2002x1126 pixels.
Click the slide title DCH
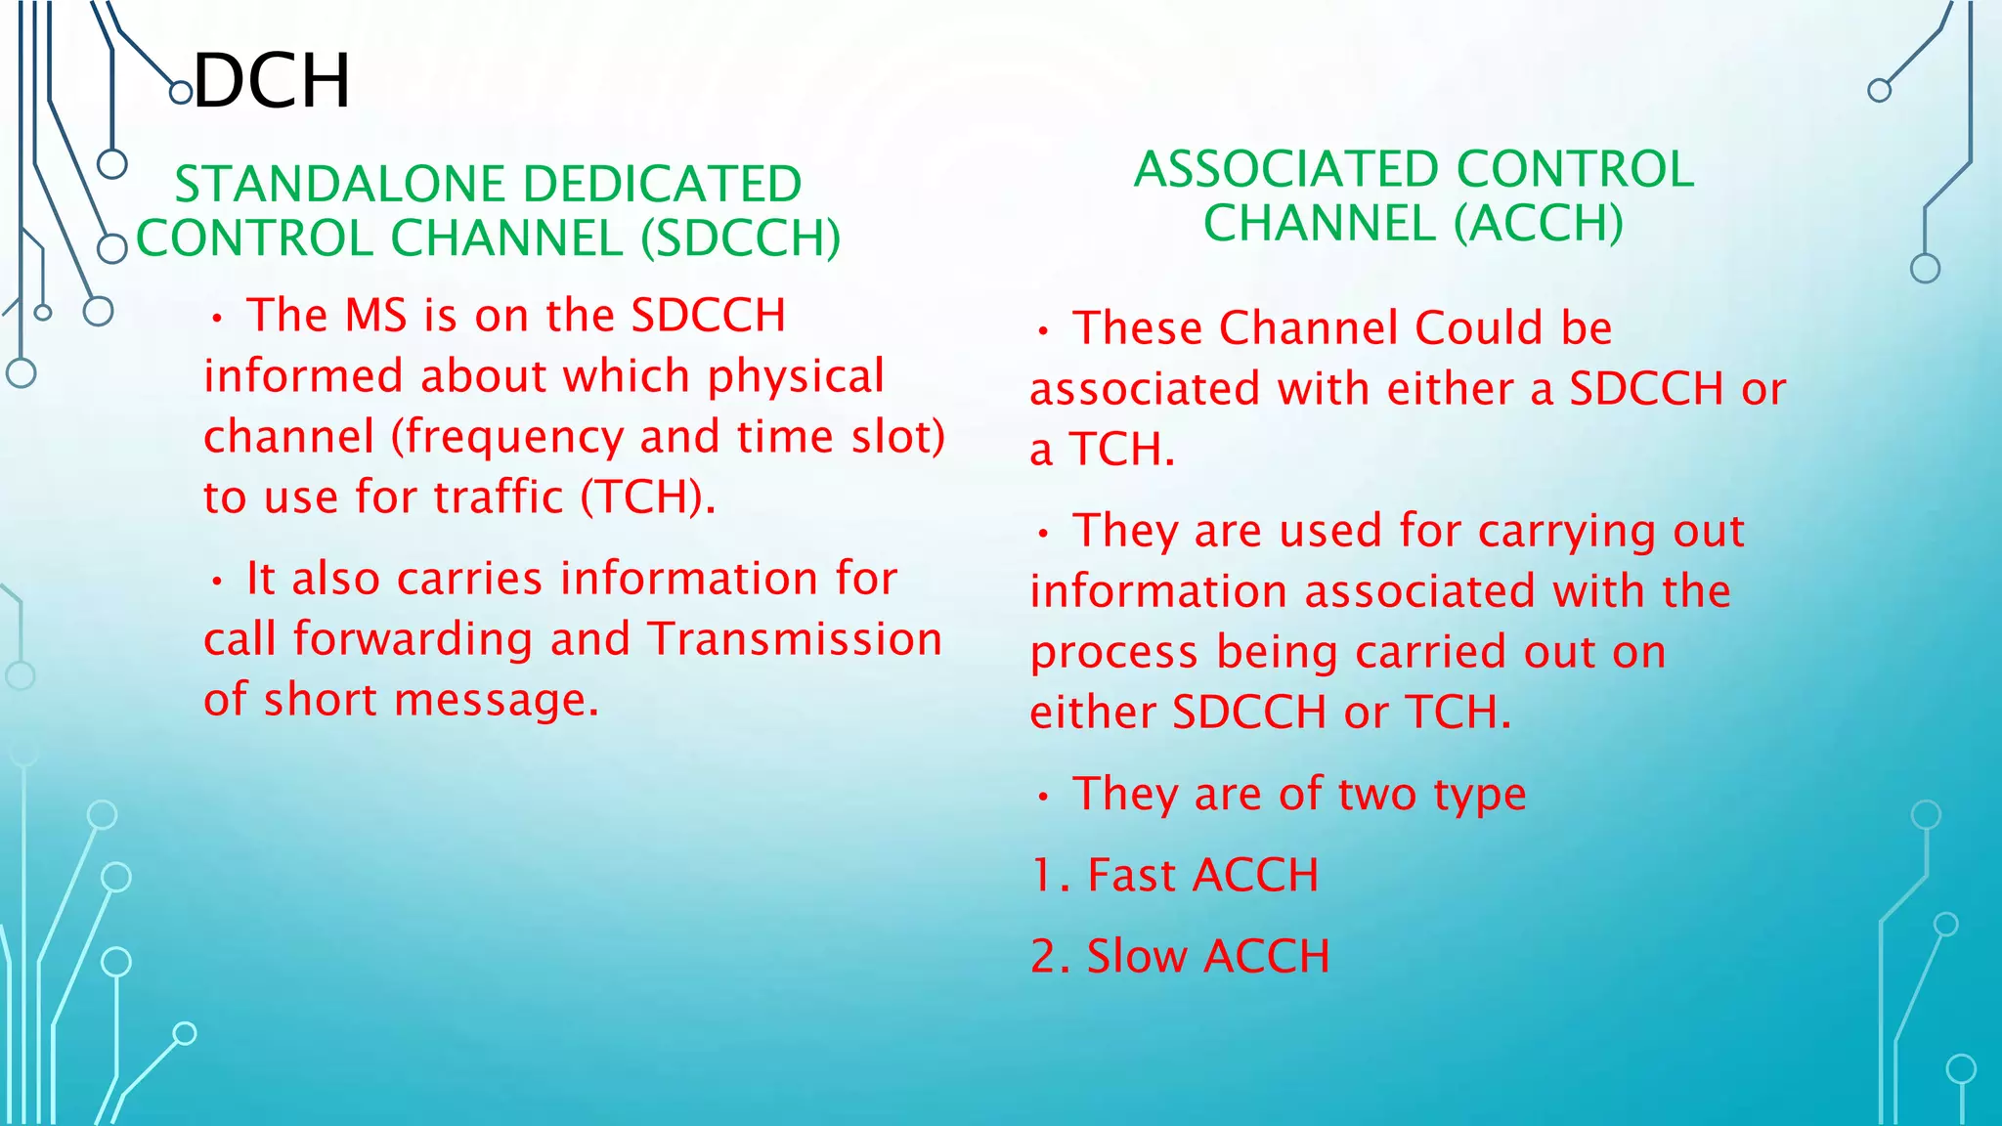pyautogui.click(x=272, y=81)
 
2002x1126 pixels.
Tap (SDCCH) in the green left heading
pyautogui.click(x=741, y=238)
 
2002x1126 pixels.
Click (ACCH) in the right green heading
pyautogui.click(x=1538, y=224)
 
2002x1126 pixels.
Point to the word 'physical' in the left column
pyautogui.click(x=796, y=377)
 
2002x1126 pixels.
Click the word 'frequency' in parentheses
pyautogui.click(x=514, y=438)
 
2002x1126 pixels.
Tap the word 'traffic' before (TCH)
pyautogui.click(x=499, y=498)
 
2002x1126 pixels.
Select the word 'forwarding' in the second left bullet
pyautogui.click(x=413, y=639)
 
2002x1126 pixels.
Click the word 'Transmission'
pyautogui.click(x=795, y=639)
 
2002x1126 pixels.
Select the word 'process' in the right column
pyautogui.click(x=1113, y=653)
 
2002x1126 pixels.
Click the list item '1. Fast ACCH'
pyautogui.click(x=1174, y=875)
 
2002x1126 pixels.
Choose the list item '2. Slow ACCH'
pyautogui.click(x=1180, y=956)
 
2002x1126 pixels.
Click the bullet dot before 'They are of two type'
pyautogui.click(x=1044, y=797)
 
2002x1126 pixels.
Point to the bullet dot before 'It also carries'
pyautogui.click(x=218, y=582)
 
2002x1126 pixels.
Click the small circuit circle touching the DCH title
pyautogui.click(x=181, y=93)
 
